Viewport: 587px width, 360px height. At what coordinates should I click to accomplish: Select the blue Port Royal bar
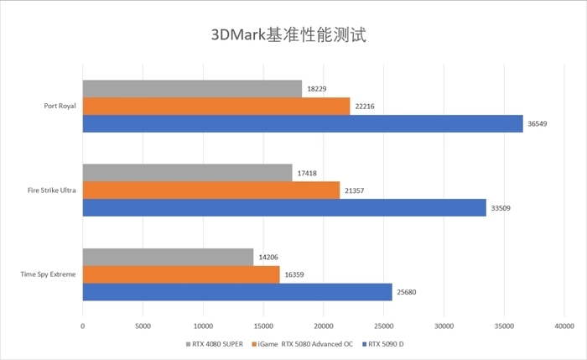pos(303,123)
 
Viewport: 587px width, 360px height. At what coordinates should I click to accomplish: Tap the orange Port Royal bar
pos(216,106)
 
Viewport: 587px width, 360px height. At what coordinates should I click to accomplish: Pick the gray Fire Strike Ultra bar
pos(187,173)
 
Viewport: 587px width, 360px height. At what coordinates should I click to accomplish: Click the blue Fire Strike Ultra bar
pos(284,207)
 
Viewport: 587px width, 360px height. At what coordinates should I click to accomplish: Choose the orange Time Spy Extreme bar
pos(181,274)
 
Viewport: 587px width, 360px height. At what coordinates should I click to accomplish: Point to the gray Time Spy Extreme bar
pos(168,257)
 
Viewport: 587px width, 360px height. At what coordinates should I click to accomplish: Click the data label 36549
pos(539,124)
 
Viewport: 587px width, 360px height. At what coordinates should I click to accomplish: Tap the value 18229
pos(319,89)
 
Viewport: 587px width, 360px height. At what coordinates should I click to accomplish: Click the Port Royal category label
pos(60,107)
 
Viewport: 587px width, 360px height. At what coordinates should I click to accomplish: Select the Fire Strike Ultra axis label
pos(52,190)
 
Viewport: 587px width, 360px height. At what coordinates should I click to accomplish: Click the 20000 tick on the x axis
pos(323,326)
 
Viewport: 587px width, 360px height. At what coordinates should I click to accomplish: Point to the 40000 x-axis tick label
pos(564,326)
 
